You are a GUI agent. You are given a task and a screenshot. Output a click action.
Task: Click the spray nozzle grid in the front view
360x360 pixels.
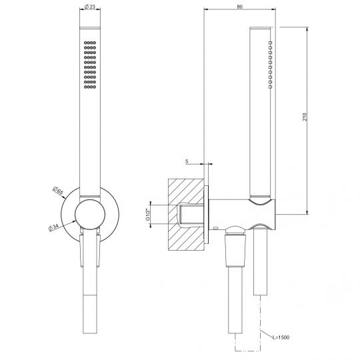click(89, 65)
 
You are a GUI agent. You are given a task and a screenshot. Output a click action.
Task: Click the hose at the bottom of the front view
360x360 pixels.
click(89, 320)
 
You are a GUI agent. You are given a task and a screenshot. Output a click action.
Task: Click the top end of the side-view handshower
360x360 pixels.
click(259, 30)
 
